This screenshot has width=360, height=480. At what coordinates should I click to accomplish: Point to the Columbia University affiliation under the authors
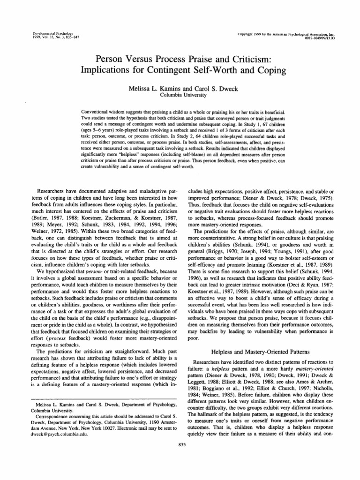(180, 95)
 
